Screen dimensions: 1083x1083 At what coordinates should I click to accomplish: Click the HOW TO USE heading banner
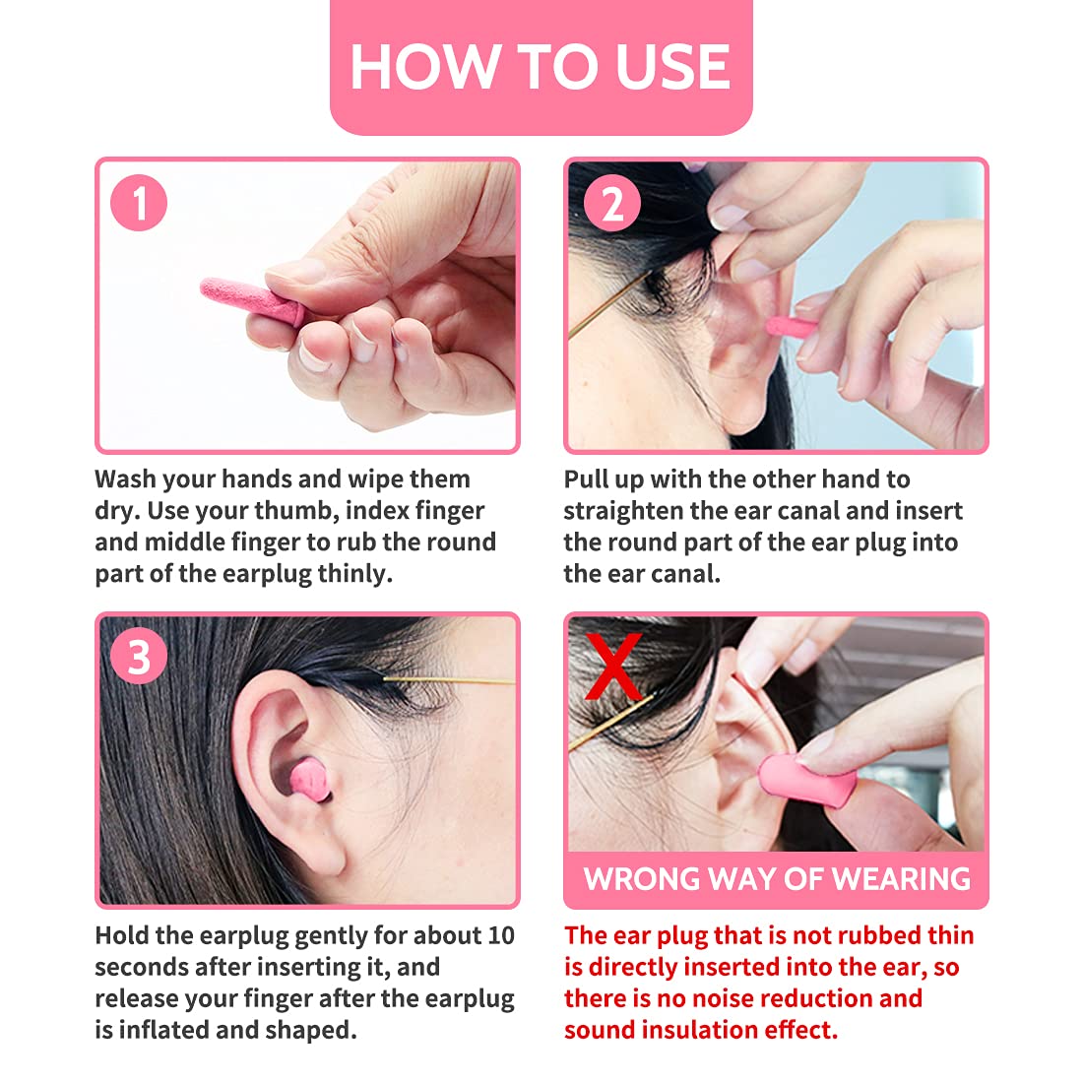[541, 67]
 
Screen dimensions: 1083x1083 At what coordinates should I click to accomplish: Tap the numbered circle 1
[139, 203]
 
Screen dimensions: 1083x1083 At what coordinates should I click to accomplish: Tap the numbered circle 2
[612, 203]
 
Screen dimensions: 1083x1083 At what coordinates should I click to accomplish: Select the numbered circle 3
[139, 656]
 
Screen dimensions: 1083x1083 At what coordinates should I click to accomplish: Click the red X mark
[613, 666]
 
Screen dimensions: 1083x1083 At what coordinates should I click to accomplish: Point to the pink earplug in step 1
[252, 300]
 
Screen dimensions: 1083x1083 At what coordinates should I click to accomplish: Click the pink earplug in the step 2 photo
[791, 327]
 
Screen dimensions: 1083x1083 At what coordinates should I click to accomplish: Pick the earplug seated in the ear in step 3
[309, 780]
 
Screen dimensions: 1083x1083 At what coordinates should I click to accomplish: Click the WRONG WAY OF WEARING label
[777, 879]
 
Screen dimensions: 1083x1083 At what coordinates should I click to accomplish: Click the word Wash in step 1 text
[125, 478]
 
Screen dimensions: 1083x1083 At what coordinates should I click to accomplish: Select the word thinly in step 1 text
[354, 574]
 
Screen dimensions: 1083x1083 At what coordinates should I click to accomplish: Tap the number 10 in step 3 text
[501, 935]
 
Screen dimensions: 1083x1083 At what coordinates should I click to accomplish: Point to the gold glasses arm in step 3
[449, 681]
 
